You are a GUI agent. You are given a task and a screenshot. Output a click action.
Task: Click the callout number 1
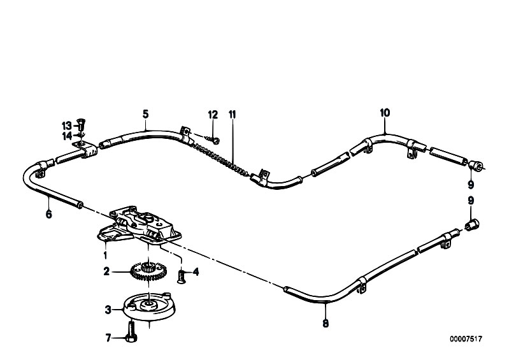point(105,255)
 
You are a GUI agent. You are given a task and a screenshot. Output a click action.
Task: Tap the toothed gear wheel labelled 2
point(148,271)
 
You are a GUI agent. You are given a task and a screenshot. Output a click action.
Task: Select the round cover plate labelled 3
point(150,306)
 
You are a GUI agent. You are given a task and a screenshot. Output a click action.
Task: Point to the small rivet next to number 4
point(181,277)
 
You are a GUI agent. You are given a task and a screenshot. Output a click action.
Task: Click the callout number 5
point(145,114)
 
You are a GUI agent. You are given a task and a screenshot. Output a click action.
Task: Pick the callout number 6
point(48,214)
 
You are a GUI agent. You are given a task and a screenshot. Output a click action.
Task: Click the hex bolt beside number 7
point(131,332)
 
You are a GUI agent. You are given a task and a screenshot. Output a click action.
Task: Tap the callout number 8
point(326,323)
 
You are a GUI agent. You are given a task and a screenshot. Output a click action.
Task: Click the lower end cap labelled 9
point(472,224)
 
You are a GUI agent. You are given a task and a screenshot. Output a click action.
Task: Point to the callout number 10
point(385,113)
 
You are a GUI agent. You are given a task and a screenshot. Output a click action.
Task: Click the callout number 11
point(233,115)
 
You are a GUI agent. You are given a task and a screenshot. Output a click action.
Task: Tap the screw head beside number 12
point(215,141)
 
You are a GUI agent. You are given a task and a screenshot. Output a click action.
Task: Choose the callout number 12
point(213,115)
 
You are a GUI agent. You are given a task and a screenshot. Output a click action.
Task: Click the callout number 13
point(66,126)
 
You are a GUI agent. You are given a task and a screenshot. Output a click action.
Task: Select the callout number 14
point(67,136)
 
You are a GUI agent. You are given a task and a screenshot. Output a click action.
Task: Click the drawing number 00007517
point(466,339)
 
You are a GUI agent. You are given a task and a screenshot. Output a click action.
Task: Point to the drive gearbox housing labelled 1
point(140,225)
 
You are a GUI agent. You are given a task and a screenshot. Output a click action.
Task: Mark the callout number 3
point(108,310)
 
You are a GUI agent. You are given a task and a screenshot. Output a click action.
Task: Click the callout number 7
point(108,338)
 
